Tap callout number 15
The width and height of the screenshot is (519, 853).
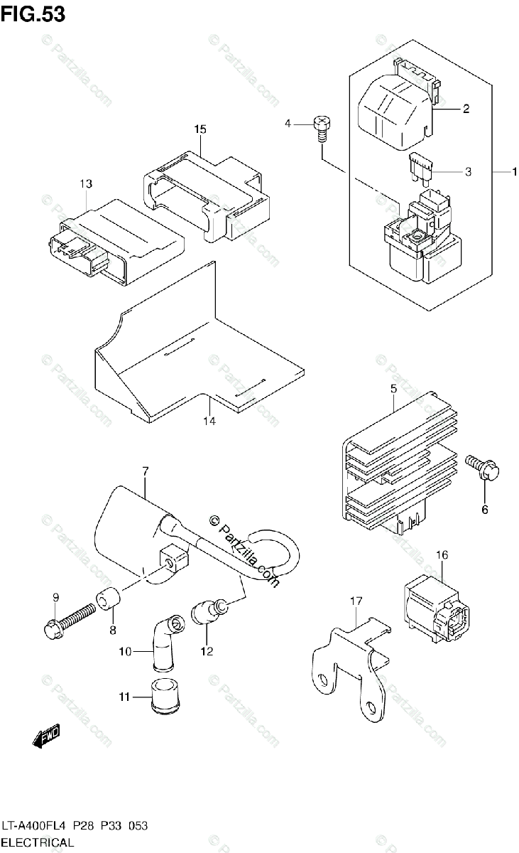(x=200, y=129)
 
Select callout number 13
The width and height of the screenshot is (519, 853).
(x=86, y=184)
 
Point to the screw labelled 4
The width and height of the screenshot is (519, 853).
(x=322, y=129)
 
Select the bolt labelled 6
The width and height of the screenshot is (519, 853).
(x=484, y=466)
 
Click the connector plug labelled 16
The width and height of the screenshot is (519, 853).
(x=433, y=608)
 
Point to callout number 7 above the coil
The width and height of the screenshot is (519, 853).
(x=145, y=471)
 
